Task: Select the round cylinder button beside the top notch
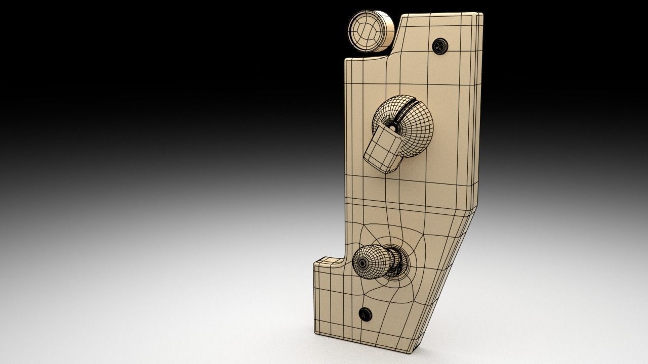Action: coord(371,32)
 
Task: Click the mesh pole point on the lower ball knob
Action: coord(363,263)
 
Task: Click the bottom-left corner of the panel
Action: coord(316,331)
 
